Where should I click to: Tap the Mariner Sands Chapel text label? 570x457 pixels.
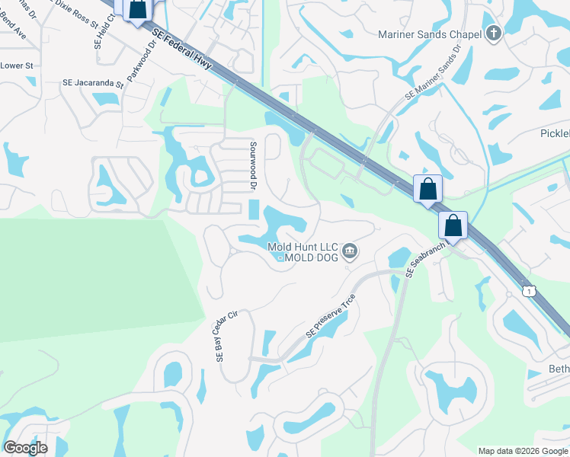tap(431, 34)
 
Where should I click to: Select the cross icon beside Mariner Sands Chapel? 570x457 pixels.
tap(494, 33)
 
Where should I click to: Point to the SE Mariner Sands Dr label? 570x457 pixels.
tap(434, 72)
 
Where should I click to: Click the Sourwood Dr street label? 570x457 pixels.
tap(252, 165)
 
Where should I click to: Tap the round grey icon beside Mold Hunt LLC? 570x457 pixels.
tap(350, 251)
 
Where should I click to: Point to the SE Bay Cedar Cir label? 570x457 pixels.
tap(222, 336)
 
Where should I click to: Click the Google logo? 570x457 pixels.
tap(24, 448)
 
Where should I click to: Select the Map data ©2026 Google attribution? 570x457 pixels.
tap(523, 451)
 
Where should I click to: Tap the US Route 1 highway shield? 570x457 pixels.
tap(528, 290)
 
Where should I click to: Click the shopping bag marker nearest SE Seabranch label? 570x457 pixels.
tap(453, 226)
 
